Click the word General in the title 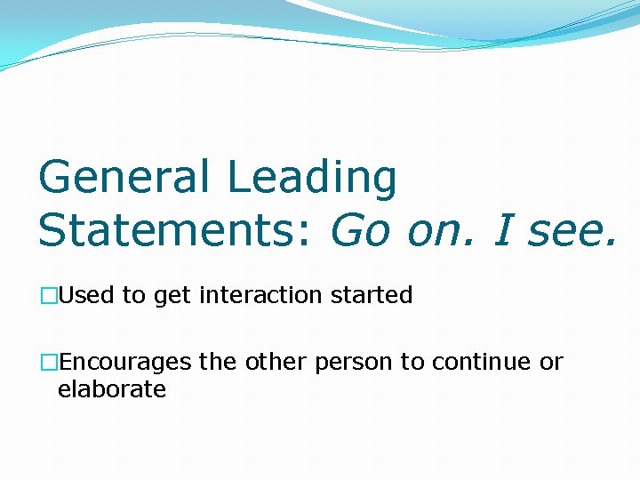point(124,177)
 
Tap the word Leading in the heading point(312,177)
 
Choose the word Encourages point(124,363)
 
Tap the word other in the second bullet point(274,363)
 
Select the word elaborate point(111,389)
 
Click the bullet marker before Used point(48,295)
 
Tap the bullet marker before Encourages point(48,363)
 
